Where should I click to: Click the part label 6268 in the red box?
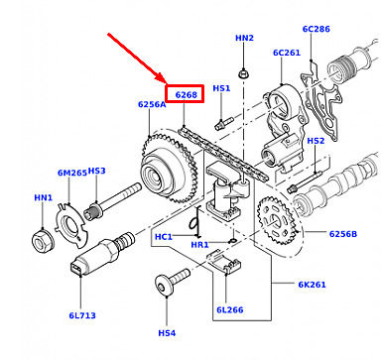tap(186, 95)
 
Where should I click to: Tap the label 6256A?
tap(152, 104)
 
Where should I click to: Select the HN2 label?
tap(244, 38)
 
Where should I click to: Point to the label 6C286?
tap(317, 29)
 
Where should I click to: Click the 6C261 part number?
tap(287, 53)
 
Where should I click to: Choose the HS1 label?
tap(221, 88)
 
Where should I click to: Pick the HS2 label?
tap(316, 141)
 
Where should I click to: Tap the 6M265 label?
tap(72, 173)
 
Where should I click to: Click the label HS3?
tap(97, 171)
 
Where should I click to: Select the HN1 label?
tap(44, 197)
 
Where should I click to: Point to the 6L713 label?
tap(82, 315)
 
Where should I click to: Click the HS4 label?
tap(167, 333)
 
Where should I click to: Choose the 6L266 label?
tap(230, 309)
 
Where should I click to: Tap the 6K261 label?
tap(312, 285)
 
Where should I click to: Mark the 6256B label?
tap(343, 234)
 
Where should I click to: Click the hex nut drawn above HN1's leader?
tap(43, 241)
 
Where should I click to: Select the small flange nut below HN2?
tap(244, 73)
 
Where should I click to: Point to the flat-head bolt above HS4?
tap(172, 282)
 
